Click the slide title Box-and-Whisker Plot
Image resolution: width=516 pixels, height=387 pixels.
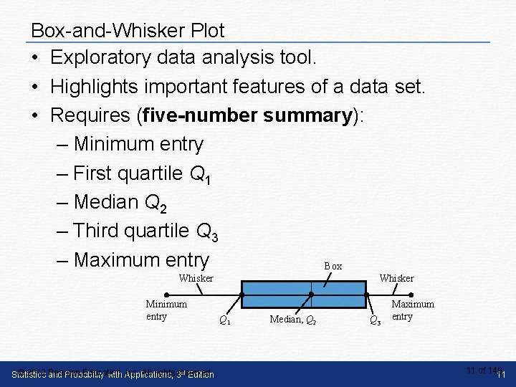tap(128, 31)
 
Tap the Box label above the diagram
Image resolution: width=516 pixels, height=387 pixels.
tap(333, 266)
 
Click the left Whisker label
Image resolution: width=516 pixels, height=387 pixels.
tap(196, 278)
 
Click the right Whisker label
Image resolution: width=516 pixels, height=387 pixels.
tap(396, 278)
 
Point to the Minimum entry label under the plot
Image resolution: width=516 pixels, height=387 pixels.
tap(166, 310)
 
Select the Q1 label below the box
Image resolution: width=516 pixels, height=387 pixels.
tap(224, 320)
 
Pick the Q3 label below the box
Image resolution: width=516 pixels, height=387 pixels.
tap(374, 320)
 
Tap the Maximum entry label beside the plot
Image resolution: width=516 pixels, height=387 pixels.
tap(412, 310)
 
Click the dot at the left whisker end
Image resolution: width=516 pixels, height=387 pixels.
tap(166, 295)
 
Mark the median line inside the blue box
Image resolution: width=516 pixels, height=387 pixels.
tap(311, 295)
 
